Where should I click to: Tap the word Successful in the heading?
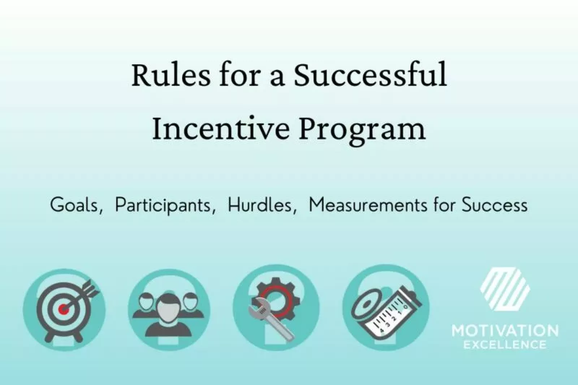(370, 75)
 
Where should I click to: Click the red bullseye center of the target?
(64, 309)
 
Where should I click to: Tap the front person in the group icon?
(169, 313)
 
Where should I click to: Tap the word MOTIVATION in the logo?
(505, 331)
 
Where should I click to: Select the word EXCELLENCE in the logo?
(505, 345)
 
